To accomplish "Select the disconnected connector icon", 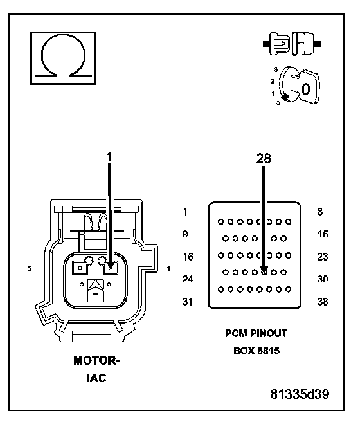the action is [292, 44].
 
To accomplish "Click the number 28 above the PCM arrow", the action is [264, 158].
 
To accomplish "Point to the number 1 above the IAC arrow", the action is [109, 157].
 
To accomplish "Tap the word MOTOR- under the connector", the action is [97, 361].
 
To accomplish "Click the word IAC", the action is [96, 378].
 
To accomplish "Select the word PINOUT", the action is [269, 333].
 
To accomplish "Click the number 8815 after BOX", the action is [268, 351].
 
